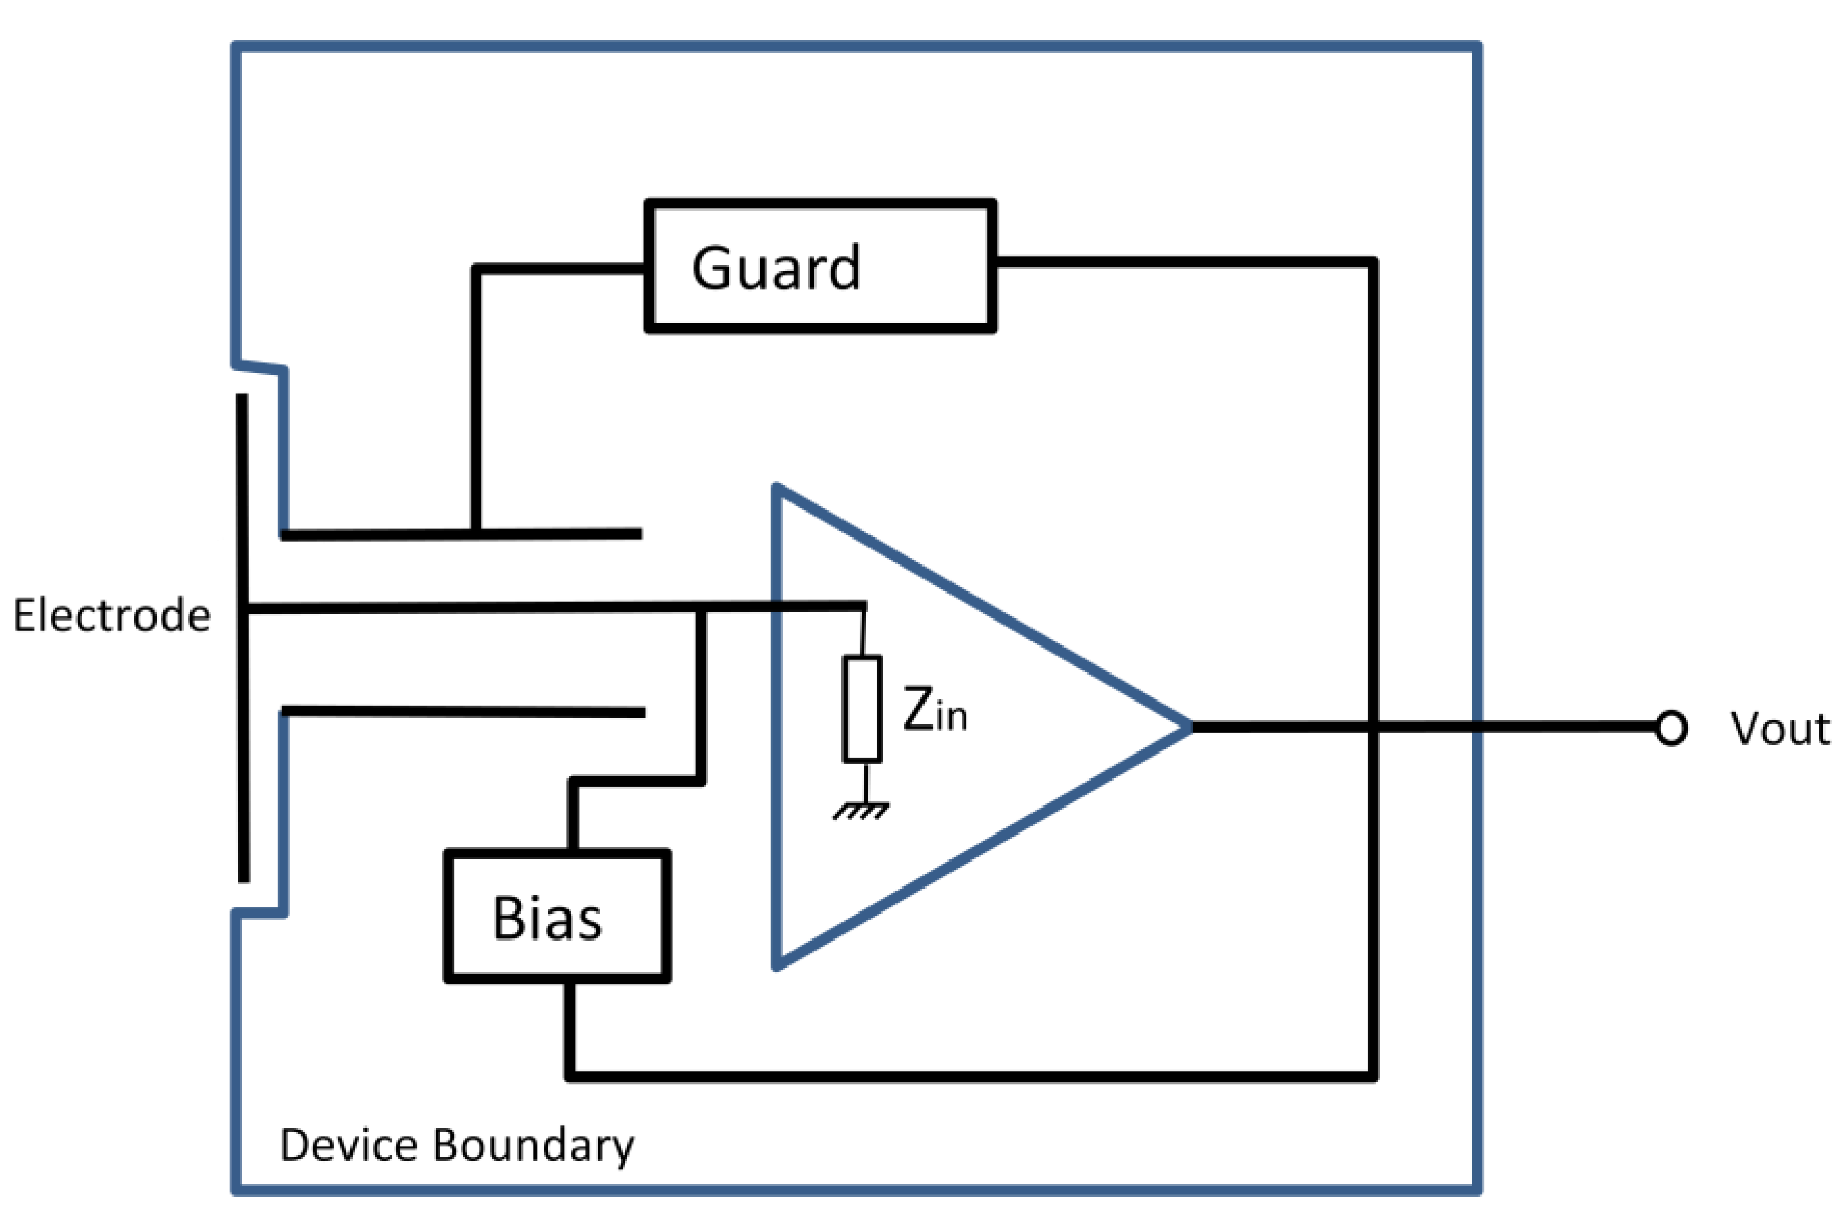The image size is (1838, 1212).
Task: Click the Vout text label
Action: (1779, 729)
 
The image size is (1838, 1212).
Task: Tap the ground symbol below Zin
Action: (861, 811)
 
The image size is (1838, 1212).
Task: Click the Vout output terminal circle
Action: (1672, 728)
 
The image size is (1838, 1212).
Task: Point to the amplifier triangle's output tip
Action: (1191, 727)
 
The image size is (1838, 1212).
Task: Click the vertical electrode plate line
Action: (242, 639)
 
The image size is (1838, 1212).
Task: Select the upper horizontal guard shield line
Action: (461, 534)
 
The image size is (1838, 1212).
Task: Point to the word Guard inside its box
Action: (775, 267)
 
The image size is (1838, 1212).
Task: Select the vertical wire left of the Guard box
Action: (476, 400)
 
